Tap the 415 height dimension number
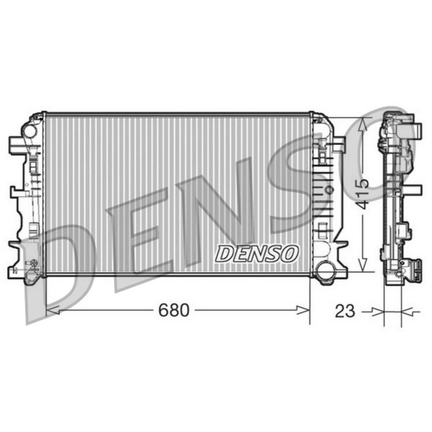[x=363, y=193]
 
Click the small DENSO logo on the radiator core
[x=257, y=253]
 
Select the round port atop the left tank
[x=30, y=130]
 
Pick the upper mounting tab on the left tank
[x=16, y=145]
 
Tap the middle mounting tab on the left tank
[x=17, y=191]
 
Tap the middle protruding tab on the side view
[x=405, y=231]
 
